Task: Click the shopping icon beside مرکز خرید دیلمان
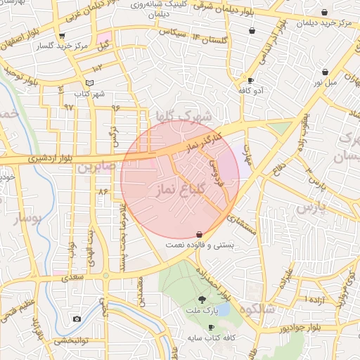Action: (x=323, y=13)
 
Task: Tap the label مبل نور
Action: (x=326, y=83)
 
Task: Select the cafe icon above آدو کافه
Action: (x=251, y=80)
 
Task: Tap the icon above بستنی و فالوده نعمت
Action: (x=199, y=234)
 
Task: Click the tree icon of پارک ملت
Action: (x=202, y=299)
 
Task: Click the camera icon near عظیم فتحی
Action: (x=77, y=319)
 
